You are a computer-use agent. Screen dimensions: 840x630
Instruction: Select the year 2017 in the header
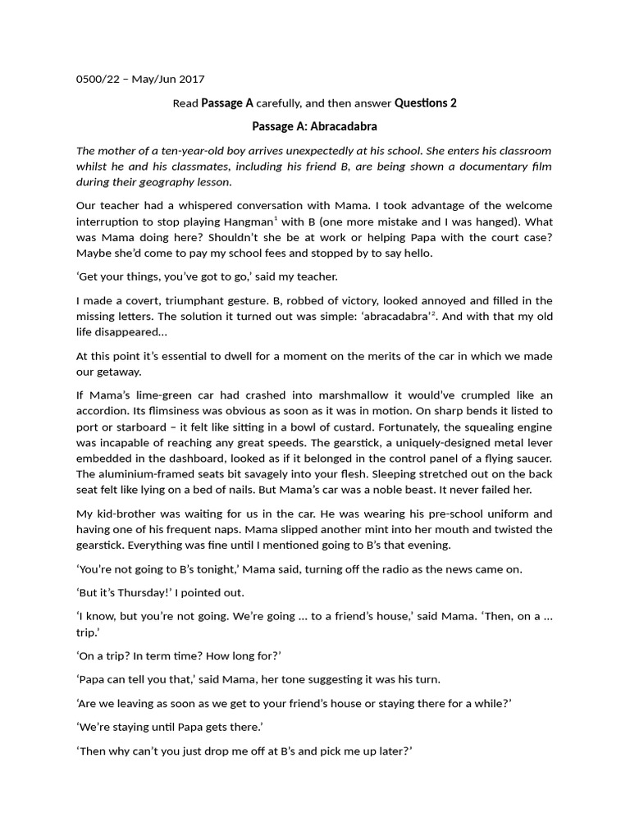(x=189, y=80)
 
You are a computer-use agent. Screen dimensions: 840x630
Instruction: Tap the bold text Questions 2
(x=425, y=103)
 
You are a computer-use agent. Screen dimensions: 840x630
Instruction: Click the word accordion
(x=105, y=411)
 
